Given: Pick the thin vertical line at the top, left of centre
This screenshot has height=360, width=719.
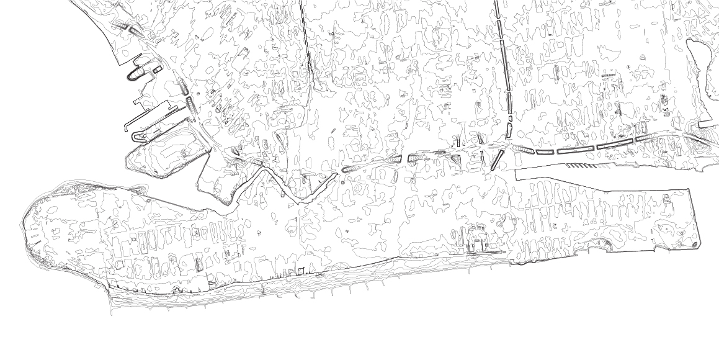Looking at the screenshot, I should point(306,43).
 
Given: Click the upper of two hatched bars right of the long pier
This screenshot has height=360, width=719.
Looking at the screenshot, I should point(182,87).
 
